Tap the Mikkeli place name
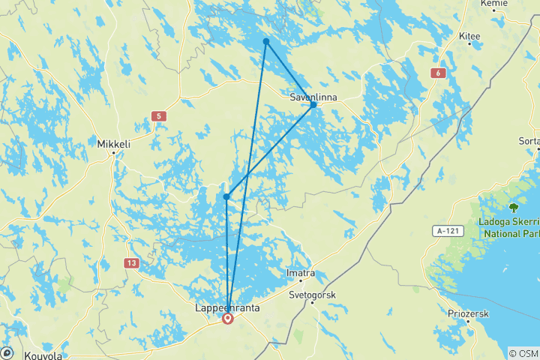point(112,142)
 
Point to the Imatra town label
point(301,274)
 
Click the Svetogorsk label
point(312,295)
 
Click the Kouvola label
point(43,355)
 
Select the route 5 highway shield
point(157,116)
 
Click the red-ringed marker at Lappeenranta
point(227,319)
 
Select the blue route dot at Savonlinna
point(313,104)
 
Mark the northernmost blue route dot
point(266,41)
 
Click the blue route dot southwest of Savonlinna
point(226,197)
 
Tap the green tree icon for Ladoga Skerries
point(514,207)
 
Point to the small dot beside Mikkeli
point(113,153)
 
